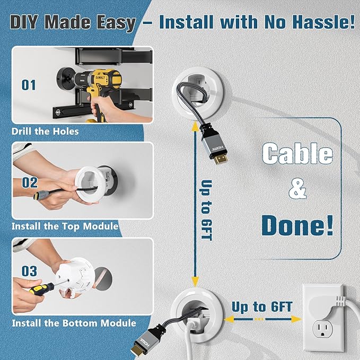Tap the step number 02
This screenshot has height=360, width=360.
pos(30,182)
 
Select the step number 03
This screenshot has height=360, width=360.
pos(30,271)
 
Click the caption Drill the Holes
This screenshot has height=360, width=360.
pos(45,131)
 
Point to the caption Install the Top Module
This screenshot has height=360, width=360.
pos(65,226)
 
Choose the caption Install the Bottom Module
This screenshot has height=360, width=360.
pos(74,322)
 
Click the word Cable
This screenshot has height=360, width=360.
pos(297,154)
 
